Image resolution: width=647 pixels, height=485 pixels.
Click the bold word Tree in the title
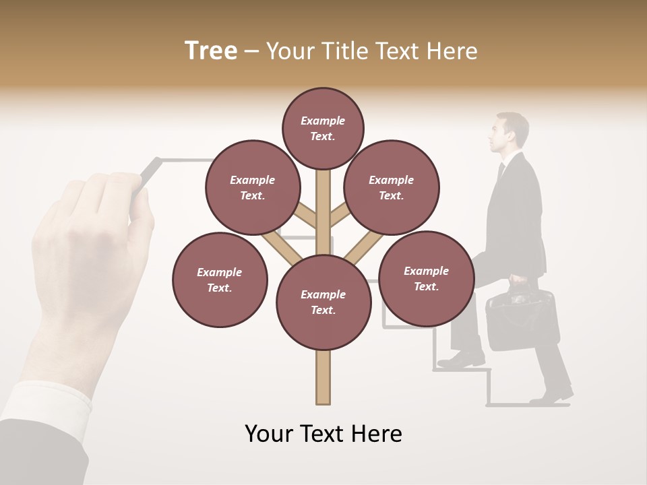211,51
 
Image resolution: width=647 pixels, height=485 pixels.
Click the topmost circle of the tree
323,128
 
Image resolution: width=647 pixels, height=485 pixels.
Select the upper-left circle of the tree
253,187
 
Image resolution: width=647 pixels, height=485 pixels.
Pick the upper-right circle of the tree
392,187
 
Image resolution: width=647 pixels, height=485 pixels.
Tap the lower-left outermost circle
220,280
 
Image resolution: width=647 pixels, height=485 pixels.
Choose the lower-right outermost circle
426,278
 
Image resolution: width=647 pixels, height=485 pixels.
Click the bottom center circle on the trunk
323,302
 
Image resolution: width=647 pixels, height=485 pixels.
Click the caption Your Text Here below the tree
323,434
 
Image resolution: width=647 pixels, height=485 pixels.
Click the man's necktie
501,171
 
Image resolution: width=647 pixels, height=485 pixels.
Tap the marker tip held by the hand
155,163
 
